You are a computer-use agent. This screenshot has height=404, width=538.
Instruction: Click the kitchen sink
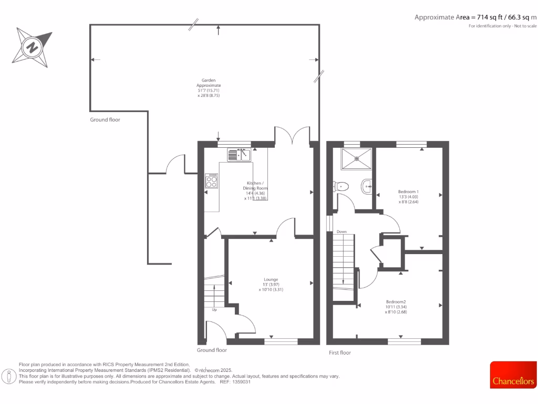tap(240, 155)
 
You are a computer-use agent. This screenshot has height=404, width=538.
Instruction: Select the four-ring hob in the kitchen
tap(212, 181)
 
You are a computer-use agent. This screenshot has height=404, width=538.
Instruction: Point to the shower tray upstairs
tap(357, 159)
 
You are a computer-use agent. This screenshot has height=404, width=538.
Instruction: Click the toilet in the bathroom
tap(340, 186)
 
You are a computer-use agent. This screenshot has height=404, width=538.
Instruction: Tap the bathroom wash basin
tap(367, 185)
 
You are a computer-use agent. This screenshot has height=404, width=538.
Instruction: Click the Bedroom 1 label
tap(408, 191)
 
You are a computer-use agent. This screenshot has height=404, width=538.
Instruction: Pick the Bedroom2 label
tap(396, 301)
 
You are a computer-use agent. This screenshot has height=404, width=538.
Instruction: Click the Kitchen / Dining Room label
tap(255, 185)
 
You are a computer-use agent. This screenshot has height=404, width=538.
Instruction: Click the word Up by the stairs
tap(214, 310)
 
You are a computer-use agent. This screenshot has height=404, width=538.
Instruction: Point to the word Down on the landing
tap(342, 231)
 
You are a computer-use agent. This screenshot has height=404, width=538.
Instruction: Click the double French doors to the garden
tap(292, 135)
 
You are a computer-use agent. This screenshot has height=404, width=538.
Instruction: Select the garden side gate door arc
tap(175, 163)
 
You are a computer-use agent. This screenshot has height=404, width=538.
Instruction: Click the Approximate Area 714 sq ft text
tap(475, 17)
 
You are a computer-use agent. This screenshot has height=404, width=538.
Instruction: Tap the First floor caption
tap(339, 352)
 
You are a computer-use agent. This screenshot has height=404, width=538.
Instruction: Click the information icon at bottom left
tap(9, 376)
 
